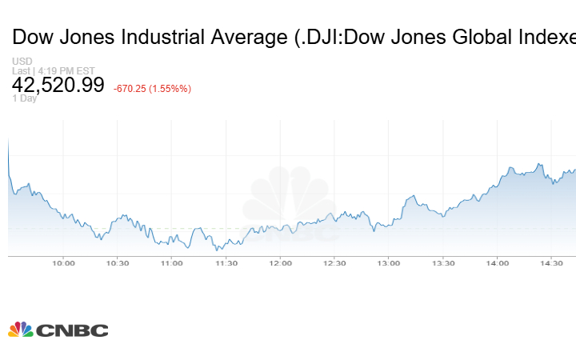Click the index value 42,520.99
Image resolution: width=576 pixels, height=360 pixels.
58,85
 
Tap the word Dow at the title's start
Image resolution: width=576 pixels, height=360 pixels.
31,37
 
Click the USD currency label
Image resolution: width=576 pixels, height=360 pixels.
22,62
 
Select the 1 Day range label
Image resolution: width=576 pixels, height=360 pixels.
25,98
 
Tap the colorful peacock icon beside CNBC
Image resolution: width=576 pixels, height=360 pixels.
21,329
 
